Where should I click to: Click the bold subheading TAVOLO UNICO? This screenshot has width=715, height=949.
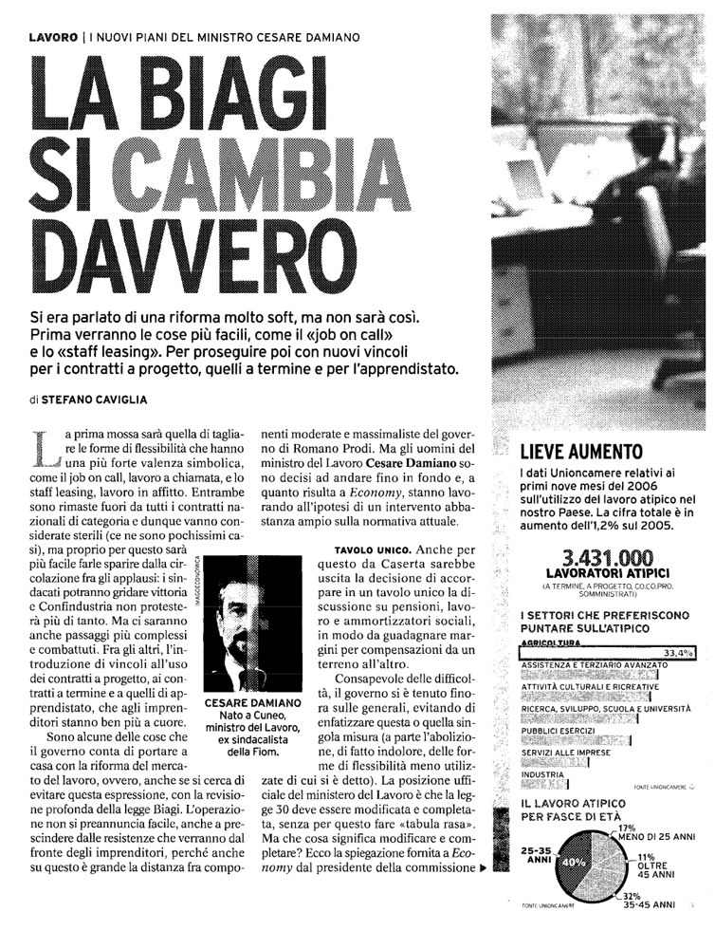pyautogui.click(x=371, y=550)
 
